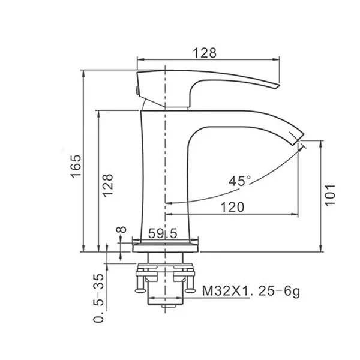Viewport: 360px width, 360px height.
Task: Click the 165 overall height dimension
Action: pyautogui.click(x=76, y=166)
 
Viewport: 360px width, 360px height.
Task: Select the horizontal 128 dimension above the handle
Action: pyautogui.click(x=205, y=53)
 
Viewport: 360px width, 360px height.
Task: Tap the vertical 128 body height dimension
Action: pyautogui.click(x=107, y=185)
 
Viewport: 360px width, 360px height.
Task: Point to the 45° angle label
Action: pyautogui.click(x=239, y=181)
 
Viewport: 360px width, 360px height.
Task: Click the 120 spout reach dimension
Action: pyautogui.click(x=232, y=207)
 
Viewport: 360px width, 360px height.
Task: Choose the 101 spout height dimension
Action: pyautogui.click(x=331, y=195)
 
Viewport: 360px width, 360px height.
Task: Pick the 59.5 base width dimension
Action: pyautogui.click(x=163, y=233)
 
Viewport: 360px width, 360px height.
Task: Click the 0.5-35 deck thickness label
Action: pyautogui.click(x=99, y=298)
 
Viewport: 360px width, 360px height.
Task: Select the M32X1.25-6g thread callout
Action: pyautogui.click(x=251, y=292)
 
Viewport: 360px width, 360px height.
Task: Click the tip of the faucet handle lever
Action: pyautogui.click(x=278, y=86)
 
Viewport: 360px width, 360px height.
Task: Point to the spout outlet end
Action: pyautogui.click(x=299, y=139)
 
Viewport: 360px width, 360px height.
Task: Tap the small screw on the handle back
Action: pyautogui.click(x=137, y=90)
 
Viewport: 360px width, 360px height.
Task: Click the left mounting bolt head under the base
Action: pyautogui.click(x=140, y=290)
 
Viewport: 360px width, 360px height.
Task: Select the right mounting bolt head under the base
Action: pyautogui.click(x=190, y=290)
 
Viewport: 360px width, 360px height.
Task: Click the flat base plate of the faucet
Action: pyautogui.click(x=165, y=248)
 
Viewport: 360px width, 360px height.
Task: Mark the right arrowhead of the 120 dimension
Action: pyautogui.click(x=295, y=214)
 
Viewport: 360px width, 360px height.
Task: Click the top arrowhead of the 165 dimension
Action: pyautogui.click(x=83, y=74)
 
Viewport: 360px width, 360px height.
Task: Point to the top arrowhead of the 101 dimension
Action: pyautogui.click(x=322, y=144)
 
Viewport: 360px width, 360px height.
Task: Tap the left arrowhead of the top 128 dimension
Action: pyautogui.click(x=141, y=59)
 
